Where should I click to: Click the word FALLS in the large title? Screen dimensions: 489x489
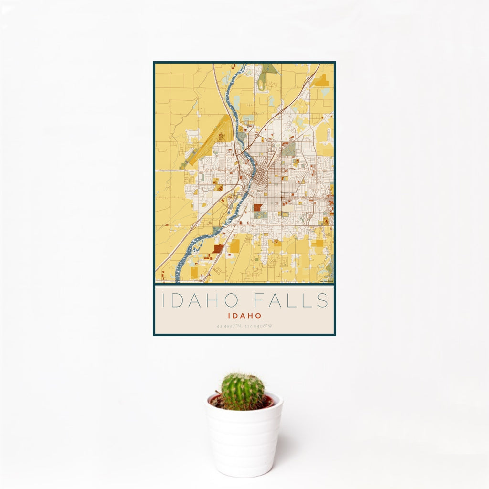(x=291, y=301)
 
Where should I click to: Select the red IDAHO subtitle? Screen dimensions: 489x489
(x=244, y=316)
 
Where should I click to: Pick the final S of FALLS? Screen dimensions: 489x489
(x=323, y=301)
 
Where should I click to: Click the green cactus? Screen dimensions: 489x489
(x=242, y=391)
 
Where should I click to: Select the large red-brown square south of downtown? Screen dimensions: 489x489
(x=258, y=208)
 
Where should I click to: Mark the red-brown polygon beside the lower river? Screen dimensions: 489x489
(x=218, y=248)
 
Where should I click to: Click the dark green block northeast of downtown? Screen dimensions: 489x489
(x=288, y=149)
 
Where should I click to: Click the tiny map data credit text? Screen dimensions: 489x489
(x=326, y=281)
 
